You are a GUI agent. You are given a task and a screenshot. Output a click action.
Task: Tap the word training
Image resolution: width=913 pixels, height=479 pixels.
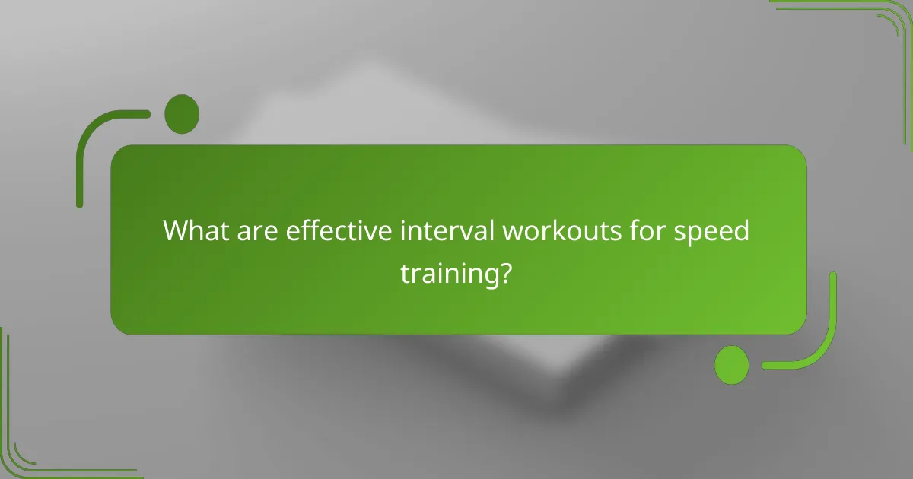[x=448, y=273]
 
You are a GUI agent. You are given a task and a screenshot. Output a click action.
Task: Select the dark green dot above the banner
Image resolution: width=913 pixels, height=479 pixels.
[x=182, y=114]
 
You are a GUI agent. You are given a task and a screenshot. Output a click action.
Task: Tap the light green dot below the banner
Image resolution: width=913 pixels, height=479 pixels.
[x=732, y=364]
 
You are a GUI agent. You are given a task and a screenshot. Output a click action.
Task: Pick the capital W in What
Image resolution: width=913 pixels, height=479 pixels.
[x=177, y=231]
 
